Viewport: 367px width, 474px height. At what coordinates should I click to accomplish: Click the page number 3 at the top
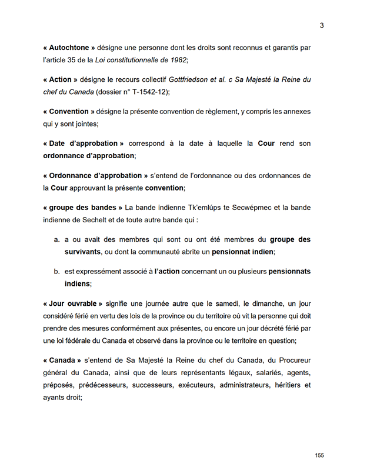(322, 25)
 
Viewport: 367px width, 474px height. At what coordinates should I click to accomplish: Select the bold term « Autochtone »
(69, 47)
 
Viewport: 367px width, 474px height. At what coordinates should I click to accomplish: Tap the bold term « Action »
(61, 79)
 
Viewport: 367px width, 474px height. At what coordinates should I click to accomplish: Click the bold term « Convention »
(69, 111)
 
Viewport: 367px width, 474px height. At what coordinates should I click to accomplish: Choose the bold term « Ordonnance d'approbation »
(95, 175)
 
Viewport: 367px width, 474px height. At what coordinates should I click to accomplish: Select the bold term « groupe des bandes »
(82, 208)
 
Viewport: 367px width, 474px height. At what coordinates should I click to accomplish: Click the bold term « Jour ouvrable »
(73, 303)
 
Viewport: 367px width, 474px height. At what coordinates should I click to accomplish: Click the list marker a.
(56, 240)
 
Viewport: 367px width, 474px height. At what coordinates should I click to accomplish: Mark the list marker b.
(56, 272)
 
